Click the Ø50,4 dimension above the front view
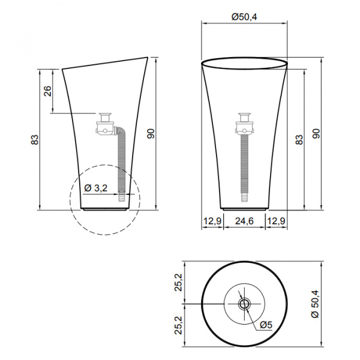pos(244,17)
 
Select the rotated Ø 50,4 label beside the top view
pos(316,304)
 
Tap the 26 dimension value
pos(48,91)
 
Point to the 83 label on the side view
pos(35,140)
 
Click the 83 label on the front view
pos(299,140)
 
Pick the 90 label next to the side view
pos(151,134)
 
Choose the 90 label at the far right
pos(316,133)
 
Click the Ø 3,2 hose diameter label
pos(96,188)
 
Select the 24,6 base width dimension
pos(244,221)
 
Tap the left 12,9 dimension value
pos(212,221)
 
